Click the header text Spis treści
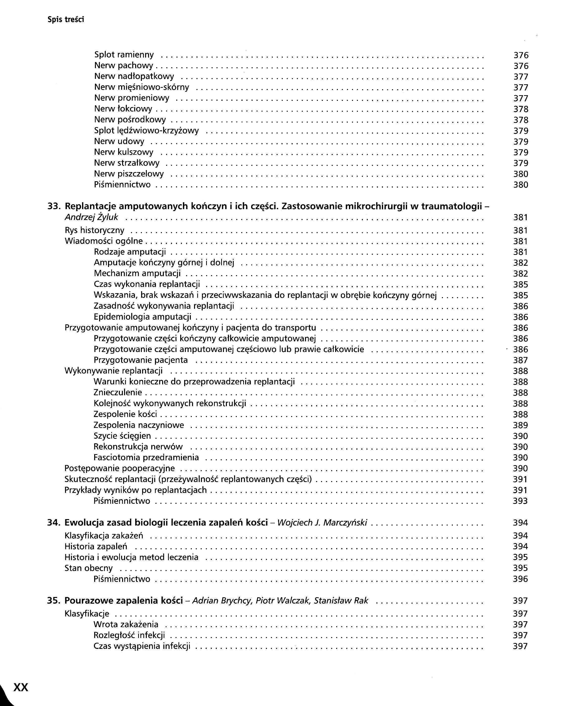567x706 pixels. [x=65, y=20]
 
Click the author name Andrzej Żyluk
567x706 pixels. [x=91, y=217]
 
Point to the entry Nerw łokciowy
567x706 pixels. [x=123, y=109]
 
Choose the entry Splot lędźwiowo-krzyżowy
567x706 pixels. [x=146, y=131]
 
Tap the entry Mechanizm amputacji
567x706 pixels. [x=137, y=273]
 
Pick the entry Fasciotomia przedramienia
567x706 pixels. [x=146, y=458]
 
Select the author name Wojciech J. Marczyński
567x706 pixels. [x=322, y=523]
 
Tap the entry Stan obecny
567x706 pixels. [x=88, y=568]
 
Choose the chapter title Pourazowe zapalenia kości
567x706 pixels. [x=123, y=600]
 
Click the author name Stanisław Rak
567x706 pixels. [x=341, y=600]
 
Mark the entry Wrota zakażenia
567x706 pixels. [x=126, y=624]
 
